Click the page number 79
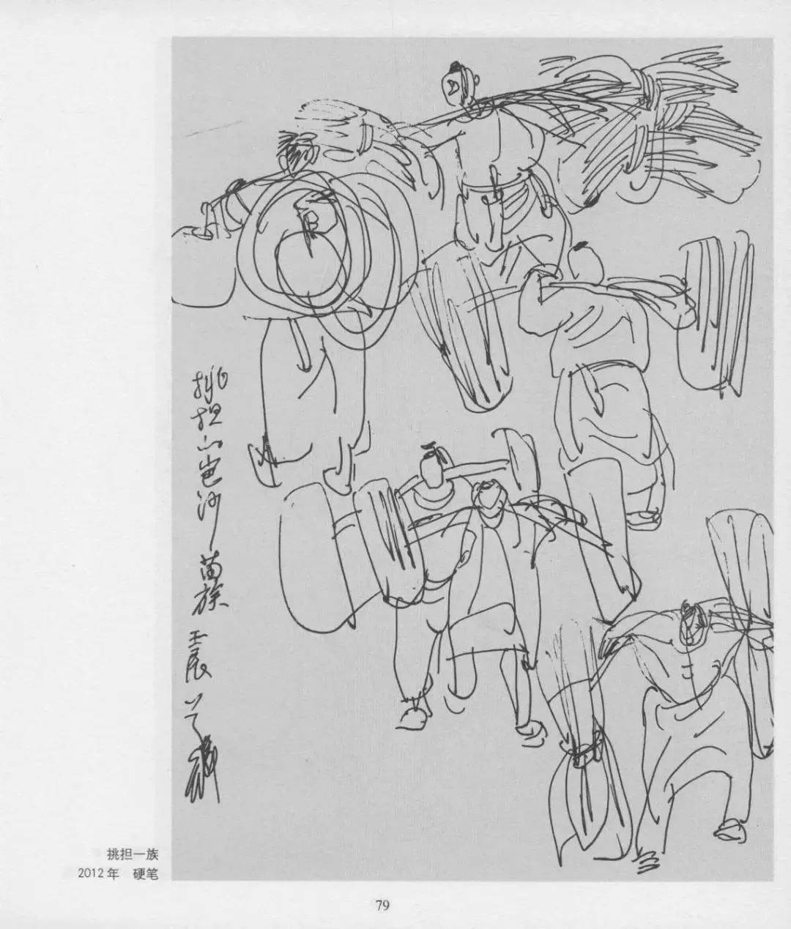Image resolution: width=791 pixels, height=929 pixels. (382, 905)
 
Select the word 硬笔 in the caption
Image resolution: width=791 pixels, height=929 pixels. (145, 873)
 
